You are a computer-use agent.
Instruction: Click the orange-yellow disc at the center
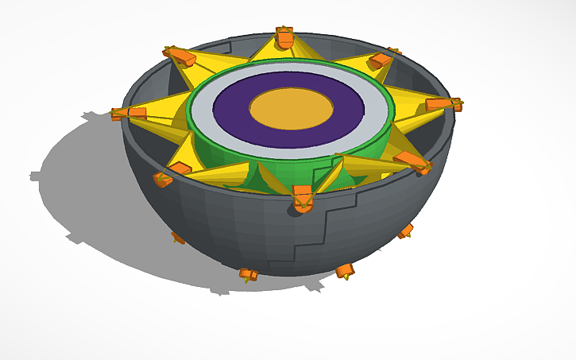point(291,106)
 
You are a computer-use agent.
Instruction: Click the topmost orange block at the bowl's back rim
point(284,37)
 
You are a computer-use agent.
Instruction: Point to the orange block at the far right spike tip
point(442,104)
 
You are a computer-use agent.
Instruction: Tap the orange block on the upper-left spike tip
point(181,56)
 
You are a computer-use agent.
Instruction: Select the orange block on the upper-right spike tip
point(380,60)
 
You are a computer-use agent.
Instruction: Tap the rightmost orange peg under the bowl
point(405,231)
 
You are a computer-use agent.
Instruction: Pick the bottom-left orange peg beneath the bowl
point(249,275)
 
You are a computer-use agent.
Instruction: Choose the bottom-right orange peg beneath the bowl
point(344,271)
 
